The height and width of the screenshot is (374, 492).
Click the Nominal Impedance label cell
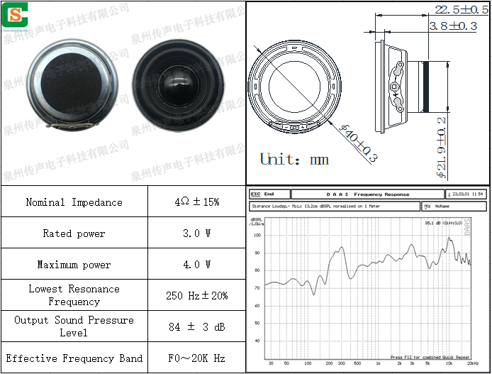coord(74,202)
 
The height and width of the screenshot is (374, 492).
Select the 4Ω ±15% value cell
coord(196,202)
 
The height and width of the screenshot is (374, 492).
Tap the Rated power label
coord(74,233)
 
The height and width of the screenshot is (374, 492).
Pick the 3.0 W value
coord(196,233)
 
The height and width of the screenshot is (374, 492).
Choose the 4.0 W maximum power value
coord(196,265)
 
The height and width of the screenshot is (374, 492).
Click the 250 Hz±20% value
coord(196,295)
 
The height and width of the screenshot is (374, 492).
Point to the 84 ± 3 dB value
coord(196,326)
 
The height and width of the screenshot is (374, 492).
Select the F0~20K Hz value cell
coord(196,358)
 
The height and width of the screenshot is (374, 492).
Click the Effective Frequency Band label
coord(74,358)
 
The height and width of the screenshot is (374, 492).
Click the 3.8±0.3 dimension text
coord(453,26)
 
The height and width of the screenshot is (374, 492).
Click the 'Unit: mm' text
coord(293,159)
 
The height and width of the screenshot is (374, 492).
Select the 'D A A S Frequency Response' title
coord(368,194)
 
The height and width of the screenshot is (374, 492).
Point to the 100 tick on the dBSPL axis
coord(257,236)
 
